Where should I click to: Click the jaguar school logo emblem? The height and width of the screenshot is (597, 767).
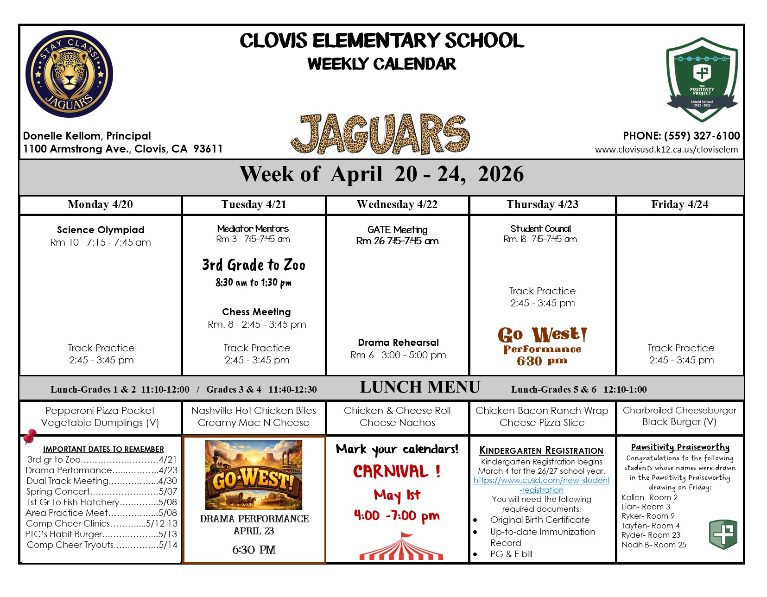pos(69,74)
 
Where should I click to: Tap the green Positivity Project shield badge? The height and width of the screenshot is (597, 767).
pos(702,79)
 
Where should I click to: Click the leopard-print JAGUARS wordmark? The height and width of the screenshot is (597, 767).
pos(380,134)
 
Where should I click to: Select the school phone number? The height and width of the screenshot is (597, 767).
pos(681,136)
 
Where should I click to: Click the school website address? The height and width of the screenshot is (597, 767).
pos(666,150)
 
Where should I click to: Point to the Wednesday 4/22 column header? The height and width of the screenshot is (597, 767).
pos(397,205)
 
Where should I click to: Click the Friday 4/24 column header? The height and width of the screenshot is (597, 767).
pos(679,205)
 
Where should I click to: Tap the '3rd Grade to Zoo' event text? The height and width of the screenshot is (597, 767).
pos(254,265)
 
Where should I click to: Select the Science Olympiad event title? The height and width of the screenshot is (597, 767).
pos(101,230)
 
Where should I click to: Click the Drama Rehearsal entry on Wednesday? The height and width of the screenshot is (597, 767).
pos(398,343)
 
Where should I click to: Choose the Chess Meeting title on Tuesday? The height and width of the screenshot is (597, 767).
pos(256,312)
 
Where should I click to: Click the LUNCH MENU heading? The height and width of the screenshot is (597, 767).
pos(420,387)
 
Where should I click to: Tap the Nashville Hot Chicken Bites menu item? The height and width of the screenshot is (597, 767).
pos(254,411)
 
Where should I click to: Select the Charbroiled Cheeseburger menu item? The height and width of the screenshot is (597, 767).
pos(679,411)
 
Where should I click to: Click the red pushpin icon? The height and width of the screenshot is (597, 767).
pos(30,437)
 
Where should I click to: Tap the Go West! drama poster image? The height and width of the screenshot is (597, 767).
pos(254,475)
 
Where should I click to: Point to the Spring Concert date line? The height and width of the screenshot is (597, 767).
pos(101,491)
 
